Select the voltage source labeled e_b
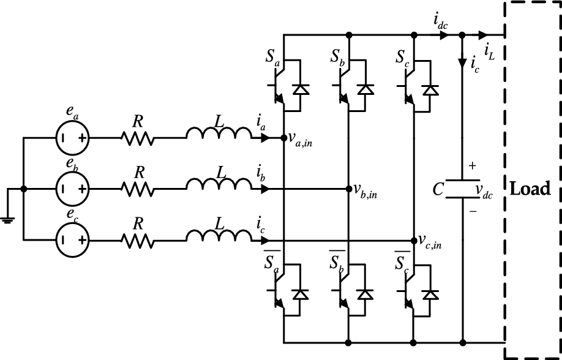tap(73, 189)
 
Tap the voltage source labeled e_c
tap(73, 241)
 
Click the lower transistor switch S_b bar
tap(348, 294)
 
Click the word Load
tap(530, 189)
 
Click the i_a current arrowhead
tap(264, 138)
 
